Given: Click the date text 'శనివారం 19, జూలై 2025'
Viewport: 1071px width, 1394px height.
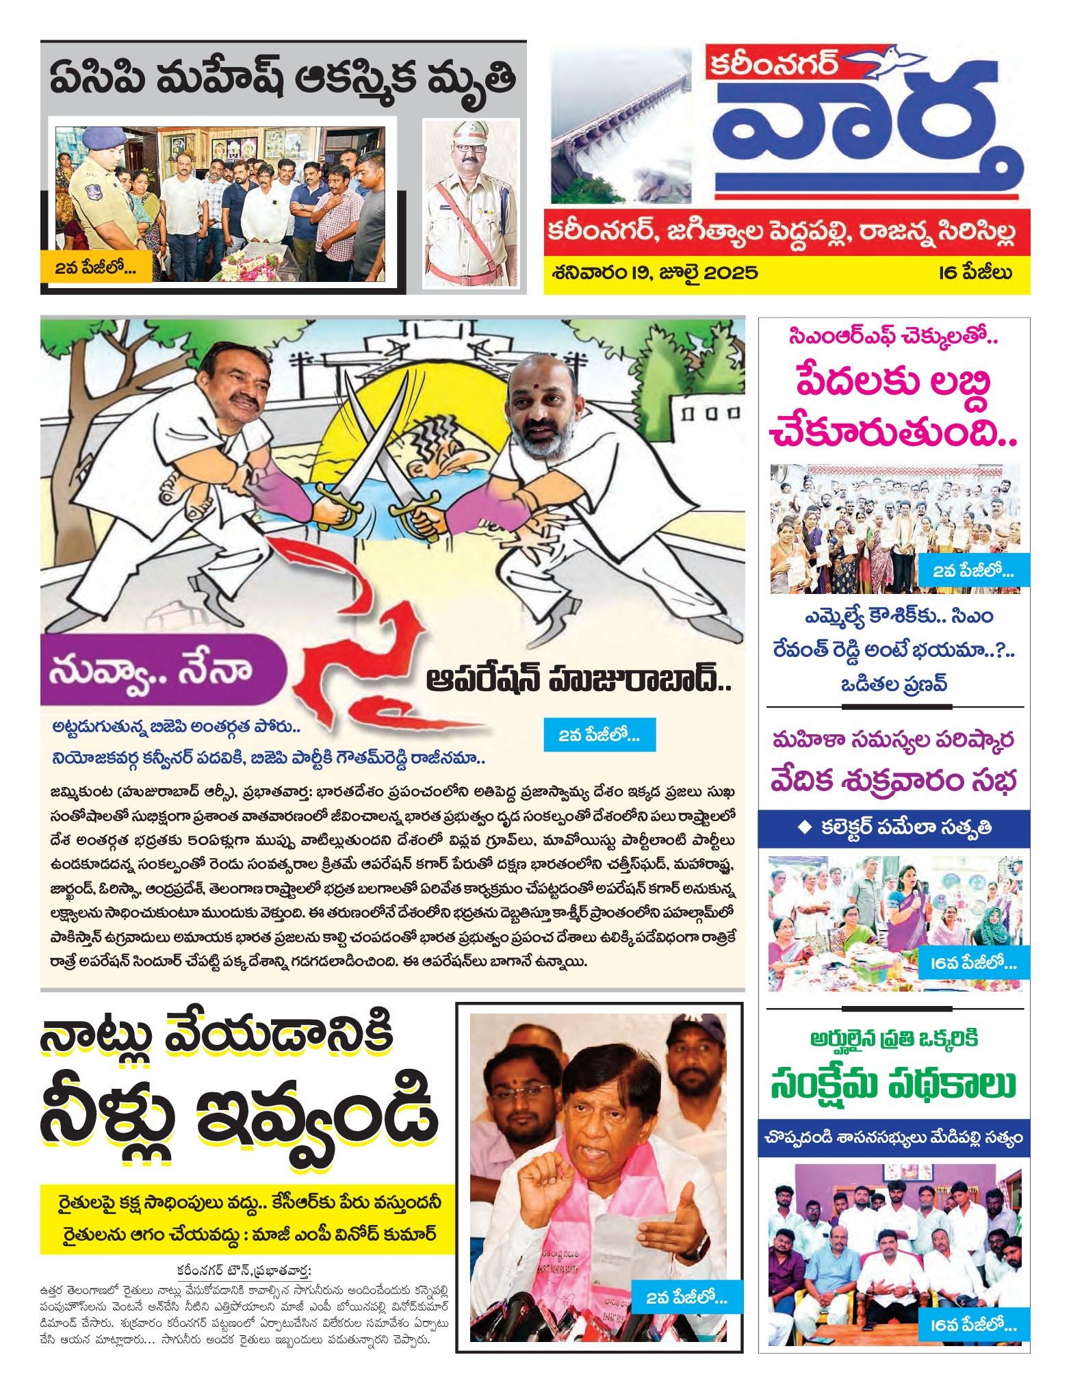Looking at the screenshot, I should point(655,273).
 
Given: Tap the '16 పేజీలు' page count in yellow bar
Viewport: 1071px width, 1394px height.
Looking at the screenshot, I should point(975,273).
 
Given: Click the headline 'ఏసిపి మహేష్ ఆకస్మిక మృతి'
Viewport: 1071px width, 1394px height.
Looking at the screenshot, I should point(282,79).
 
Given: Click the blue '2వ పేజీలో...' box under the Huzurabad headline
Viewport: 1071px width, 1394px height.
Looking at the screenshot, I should point(599,736).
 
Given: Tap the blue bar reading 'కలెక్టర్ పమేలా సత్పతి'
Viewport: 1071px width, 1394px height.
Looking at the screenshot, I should point(894,827).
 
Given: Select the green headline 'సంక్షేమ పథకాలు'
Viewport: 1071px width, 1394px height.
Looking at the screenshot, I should point(893,1085).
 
